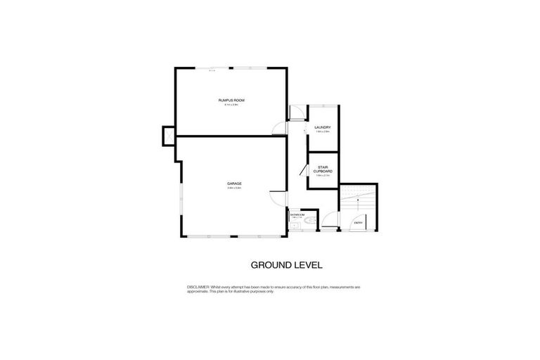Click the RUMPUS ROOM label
point(231,101)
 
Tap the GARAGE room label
point(234,184)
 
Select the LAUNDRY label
point(323,127)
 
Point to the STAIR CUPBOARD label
point(323,170)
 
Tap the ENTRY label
point(359,223)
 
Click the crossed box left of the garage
point(167,134)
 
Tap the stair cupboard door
point(302,170)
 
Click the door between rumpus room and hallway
point(280,127)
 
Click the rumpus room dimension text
point(231,105)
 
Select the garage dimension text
point(234,188)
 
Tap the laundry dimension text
point(323,131)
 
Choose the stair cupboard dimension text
point(323,176)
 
